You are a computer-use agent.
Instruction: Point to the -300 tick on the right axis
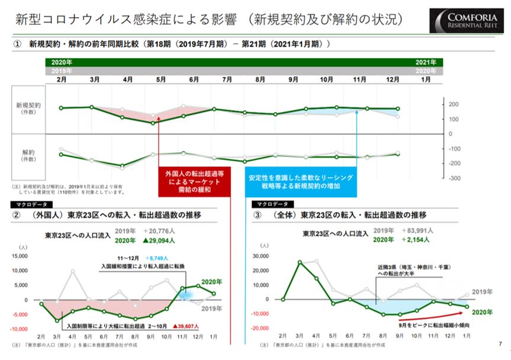(x=453, y=178)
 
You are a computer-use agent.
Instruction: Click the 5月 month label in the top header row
(x=160, y=79)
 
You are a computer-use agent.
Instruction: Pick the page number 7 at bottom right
(x=501, y=343)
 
